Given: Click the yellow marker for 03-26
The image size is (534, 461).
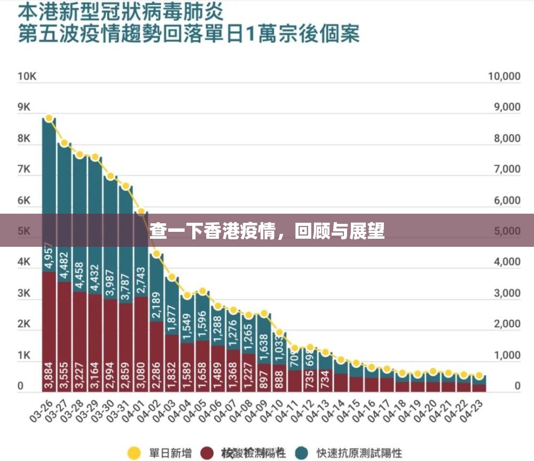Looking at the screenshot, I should tap(49, 118).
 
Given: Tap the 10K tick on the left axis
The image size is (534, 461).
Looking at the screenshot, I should tap(27, 76).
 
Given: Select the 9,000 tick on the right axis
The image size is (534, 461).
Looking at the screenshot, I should tap(504, 107).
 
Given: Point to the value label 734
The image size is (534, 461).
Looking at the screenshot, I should tap(326, 376).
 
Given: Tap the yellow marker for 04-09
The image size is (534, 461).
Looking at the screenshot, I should tap(264, 314).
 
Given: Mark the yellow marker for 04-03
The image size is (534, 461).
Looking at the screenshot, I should tap(172, 277).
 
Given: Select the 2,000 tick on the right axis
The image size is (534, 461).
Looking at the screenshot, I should tap(504, 324).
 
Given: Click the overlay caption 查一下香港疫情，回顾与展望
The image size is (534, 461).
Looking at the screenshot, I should tap(267, 231).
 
